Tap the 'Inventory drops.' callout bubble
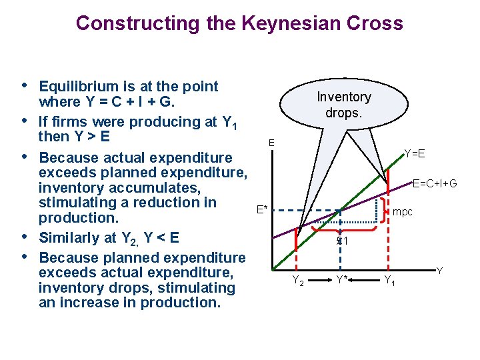click(x=343, y=105)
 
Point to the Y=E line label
click(x=415, y=155)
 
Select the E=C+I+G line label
click(x=434, y=183)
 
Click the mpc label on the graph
click(x=403, y=212)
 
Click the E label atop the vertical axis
click(x=271, y=143)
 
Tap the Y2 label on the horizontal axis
click(x=298, y=281)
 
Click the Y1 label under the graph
click(x=389, y=281)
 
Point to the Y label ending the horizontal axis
click(x=439, y=271)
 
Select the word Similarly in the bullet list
click(x=71, y=238)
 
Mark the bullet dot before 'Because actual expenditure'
click(x=25, y=157)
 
